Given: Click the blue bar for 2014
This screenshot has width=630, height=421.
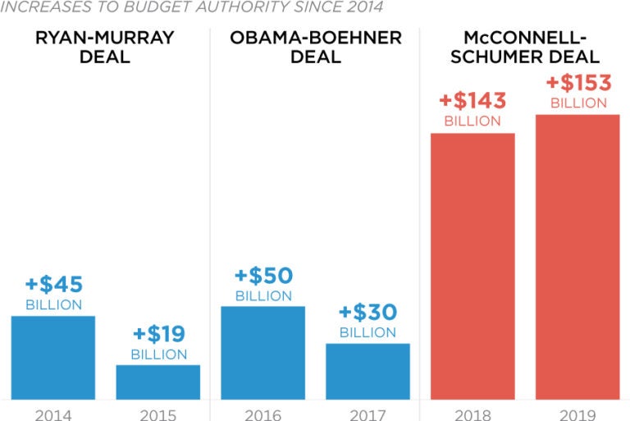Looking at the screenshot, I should (x=53, y=358).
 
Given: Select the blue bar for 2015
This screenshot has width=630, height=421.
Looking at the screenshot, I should (x=157, y=382).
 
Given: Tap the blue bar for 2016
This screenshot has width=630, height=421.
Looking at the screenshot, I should (x=262, y=353).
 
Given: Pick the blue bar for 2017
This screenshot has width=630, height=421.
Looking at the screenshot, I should (x=367, y=372).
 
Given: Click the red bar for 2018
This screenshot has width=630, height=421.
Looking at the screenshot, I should (x=472, y=267).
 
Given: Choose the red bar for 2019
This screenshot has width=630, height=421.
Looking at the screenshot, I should (x=577, y=257).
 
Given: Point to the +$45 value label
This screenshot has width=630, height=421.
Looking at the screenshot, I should (x=53, y=285).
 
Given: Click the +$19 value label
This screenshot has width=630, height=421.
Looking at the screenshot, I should (x=158, y=334).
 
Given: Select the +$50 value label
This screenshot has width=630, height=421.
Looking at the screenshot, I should (x=263, y=275).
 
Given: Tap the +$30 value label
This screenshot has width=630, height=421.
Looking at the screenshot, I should (x=367, y=313).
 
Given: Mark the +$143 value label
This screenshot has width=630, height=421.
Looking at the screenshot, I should (x=472, y=101).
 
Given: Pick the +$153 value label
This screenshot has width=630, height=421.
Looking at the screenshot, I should (x=578, y=84).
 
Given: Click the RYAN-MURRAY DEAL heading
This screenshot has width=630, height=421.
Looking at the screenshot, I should (x=105, y=48).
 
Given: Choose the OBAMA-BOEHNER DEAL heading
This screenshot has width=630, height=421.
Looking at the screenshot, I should (x=316, y=48).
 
